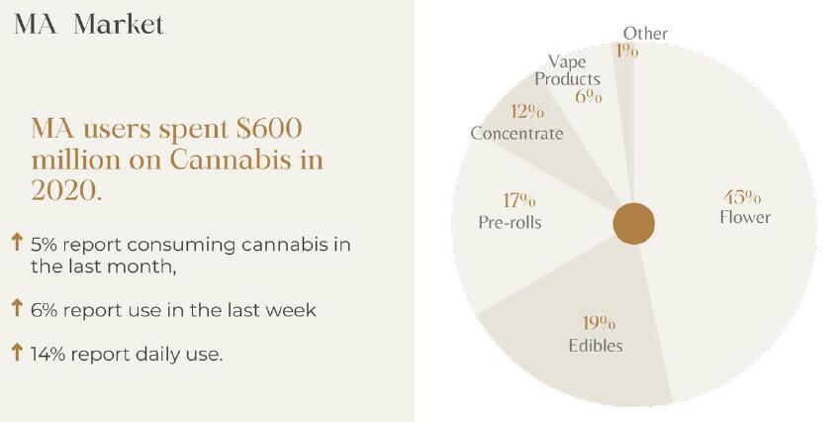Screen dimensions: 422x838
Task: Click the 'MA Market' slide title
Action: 88,24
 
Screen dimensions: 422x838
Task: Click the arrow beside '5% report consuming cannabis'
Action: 17,243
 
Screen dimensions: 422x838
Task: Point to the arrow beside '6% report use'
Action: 17,309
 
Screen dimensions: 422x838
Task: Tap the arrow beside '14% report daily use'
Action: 17,352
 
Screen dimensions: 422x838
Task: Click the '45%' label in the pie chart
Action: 742,196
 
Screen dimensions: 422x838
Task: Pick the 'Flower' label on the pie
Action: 744,217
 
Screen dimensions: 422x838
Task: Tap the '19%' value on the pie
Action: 597,324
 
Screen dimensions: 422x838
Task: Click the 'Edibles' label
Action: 596,345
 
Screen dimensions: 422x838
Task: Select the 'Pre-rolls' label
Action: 510,222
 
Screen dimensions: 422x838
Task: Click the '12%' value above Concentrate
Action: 527,111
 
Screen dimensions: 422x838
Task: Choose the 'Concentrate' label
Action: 516,133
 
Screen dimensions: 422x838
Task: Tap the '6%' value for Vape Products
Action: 589,97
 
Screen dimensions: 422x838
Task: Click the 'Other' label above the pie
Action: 645,34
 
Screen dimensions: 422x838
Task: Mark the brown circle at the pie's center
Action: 634,224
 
